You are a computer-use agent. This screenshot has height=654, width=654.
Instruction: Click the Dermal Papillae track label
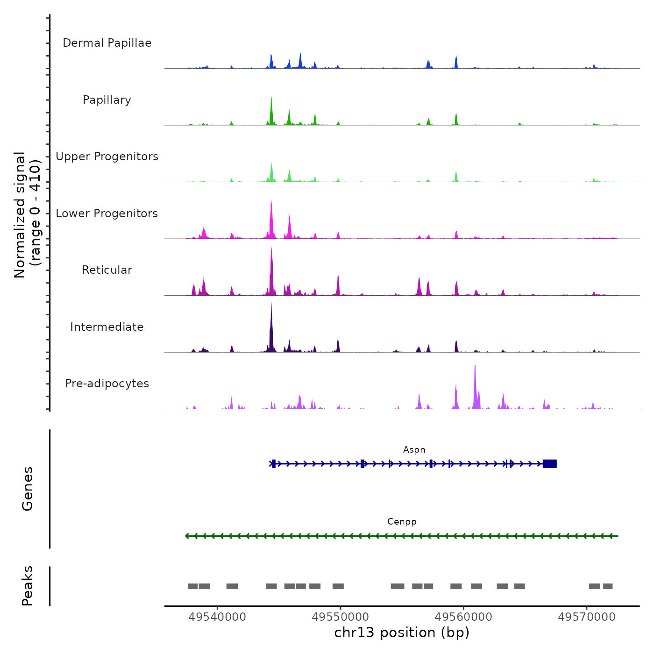pos(107,43)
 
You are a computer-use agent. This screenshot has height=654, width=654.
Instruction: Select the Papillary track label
pos(107,100)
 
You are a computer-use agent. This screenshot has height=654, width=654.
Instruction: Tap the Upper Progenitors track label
pos(107,156)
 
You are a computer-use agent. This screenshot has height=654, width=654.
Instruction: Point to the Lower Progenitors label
pos(107,213)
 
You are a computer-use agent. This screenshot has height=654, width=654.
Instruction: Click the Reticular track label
pos(107,270)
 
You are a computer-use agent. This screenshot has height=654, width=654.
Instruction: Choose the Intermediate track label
pos(107,327)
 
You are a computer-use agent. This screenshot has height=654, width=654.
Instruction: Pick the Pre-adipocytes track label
pos(107,384)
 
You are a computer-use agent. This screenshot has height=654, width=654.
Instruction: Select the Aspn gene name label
pos(414,450)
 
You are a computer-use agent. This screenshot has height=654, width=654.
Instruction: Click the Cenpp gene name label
pos(402,522)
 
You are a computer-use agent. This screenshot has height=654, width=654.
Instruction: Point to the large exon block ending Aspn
pos(550,464)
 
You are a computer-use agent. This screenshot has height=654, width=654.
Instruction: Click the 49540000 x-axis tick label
pos(217,617)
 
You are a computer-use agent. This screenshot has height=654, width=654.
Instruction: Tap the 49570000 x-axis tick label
pos(587,617)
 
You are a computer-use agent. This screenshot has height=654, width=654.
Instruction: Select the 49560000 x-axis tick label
pos(463,617)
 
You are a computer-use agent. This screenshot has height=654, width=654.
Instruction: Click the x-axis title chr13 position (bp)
pos(402,633)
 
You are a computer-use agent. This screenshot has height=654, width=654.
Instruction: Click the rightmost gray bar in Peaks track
pos(608,586)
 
